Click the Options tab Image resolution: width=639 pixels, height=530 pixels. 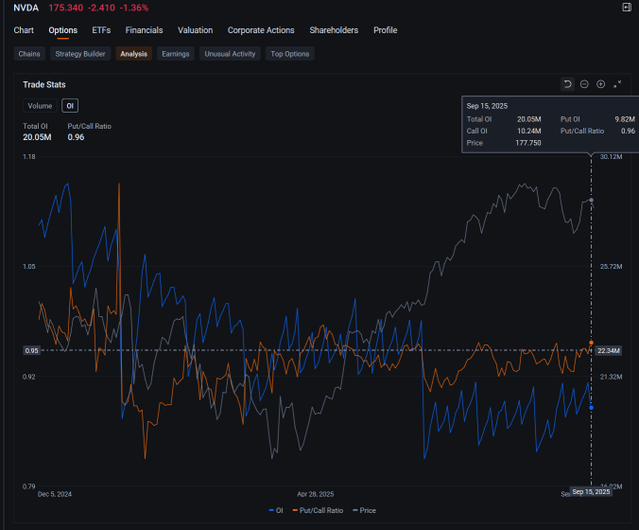coord(63,30)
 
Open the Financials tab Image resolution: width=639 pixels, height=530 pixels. coord(144,30)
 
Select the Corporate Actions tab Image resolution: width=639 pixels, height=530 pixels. coord(261,30)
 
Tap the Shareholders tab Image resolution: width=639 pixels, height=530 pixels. coord(334,30)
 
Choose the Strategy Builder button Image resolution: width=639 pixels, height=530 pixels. coord(80,54)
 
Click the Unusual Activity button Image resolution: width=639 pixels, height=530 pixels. coord(231,54)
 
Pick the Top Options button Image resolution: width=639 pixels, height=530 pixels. coord(289,54)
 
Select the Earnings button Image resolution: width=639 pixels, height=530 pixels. coord(176,54)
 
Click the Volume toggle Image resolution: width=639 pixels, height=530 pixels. coord(40,106)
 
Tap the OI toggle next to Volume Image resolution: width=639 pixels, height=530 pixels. coord(70,106)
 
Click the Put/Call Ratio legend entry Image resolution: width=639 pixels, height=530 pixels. coord(317,510)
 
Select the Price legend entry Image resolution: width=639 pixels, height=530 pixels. coord(364,510)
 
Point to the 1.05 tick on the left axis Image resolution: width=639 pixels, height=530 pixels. coord(29,267)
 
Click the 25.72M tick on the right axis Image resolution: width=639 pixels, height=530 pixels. coord(611,267)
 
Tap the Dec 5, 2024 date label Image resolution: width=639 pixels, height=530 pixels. coord(55,494)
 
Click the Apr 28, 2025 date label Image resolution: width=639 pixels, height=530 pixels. coord(315,494)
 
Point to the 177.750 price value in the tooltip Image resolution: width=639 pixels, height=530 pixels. coord(528,142)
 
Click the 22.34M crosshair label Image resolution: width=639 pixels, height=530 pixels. coord(609,350)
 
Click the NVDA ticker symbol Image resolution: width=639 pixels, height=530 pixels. coord(26,8)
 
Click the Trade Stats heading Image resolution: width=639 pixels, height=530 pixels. coord(44,84)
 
